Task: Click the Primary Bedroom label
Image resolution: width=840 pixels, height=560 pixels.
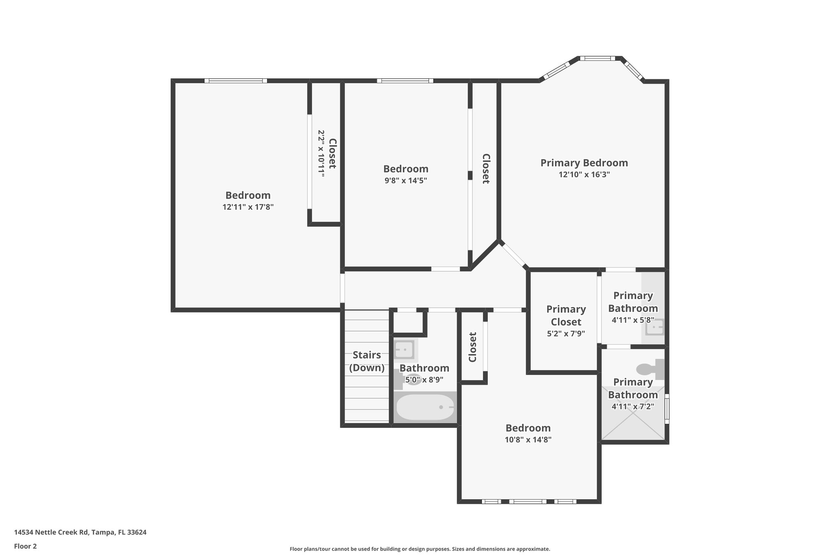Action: pyautogui.click(x=584, y=163)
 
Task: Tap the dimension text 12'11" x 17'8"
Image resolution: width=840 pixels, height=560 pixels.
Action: pyautogui.click(x=248, y=207)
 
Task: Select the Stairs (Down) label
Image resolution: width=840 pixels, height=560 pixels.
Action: pyautogui.click(x=367, y=361)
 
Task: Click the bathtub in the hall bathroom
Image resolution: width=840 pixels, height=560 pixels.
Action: pyautogui.click(x=425, y=407)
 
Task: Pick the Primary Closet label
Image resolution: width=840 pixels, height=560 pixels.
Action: pyautogui.click(x=566, y=315)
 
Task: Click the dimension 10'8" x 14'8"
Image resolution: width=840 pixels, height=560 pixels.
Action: pyautogui.click(x=528, y=440)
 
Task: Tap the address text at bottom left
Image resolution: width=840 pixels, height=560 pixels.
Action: pyautogui.click(x=80, y=533)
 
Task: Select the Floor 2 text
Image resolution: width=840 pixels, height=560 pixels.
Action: pyautogui.click(x=25, y=546)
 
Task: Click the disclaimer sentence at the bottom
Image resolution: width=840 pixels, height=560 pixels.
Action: pyautogui.click(x=420, y=549)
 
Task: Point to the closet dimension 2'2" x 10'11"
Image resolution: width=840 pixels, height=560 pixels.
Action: pyautogui.click(x=321, y=153)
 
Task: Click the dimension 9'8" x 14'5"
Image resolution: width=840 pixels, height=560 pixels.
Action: pyautogui.click(x=406, y=181)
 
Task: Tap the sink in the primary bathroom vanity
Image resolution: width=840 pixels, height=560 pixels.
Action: pyautogui.click(x=655, y=328)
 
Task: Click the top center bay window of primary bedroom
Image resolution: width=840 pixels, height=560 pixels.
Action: pyautogui.click(x=600, y=58)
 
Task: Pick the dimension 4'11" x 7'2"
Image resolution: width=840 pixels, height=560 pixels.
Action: pyautogui.click(x=632, y=407)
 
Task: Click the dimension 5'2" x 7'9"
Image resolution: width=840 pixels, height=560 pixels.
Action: pyautogui.click(x=566, y=334)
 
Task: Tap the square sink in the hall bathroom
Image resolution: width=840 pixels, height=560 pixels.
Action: pyautogui.click(x=404, y=350)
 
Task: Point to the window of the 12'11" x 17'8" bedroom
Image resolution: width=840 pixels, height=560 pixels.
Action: pyautogui.click(x=236, y=81)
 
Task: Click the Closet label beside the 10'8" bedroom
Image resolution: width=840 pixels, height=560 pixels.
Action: pyautogui.click(x=472, y=347)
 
